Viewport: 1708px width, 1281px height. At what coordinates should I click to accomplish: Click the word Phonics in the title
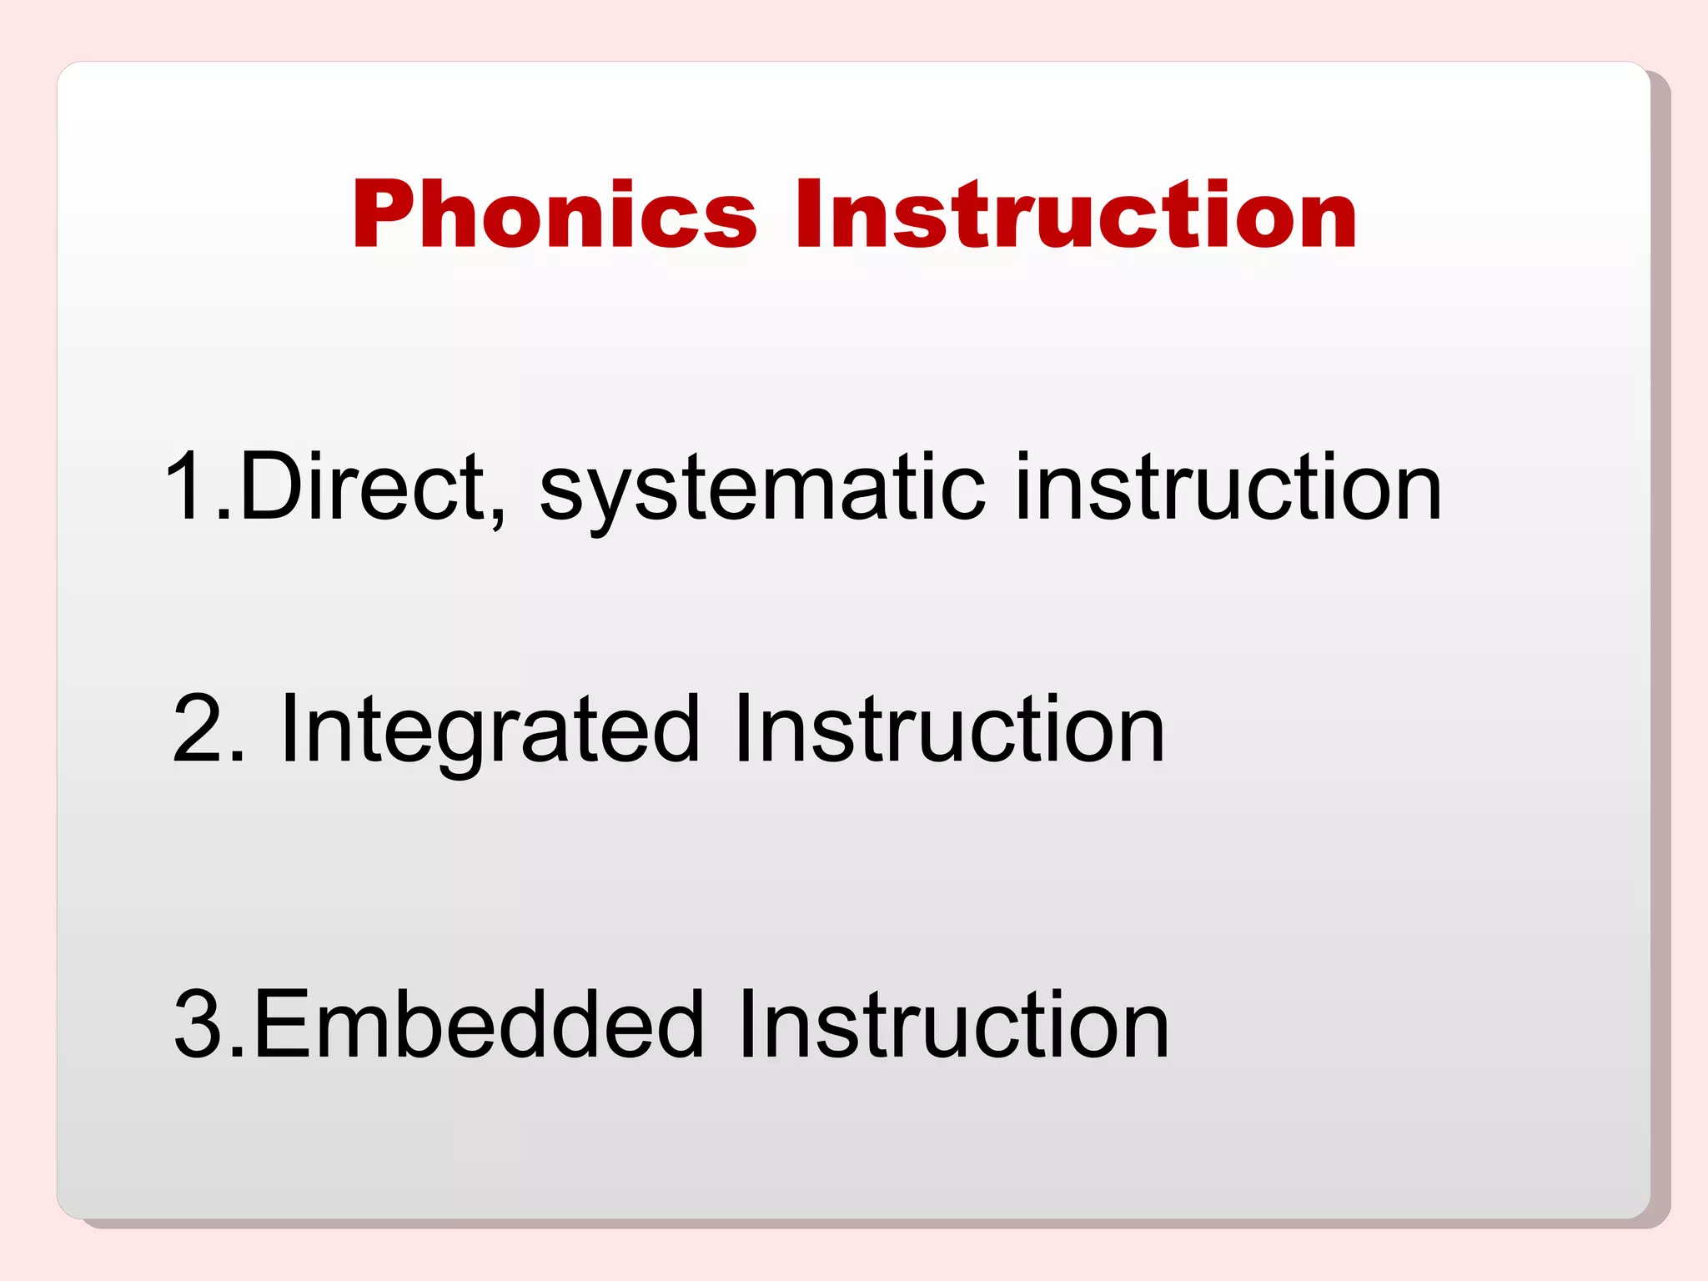554,214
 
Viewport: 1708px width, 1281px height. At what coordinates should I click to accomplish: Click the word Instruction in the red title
1076,214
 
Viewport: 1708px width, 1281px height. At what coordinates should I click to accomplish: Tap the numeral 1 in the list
187,486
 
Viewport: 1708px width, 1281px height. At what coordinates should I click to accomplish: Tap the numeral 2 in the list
198,729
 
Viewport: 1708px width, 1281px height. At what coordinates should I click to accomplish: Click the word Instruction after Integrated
949,729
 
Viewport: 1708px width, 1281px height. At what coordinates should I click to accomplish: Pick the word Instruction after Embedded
952,1024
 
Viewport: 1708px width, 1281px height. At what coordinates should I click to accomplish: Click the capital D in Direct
270,486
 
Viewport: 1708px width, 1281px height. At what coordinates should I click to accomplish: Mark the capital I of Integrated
289,729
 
